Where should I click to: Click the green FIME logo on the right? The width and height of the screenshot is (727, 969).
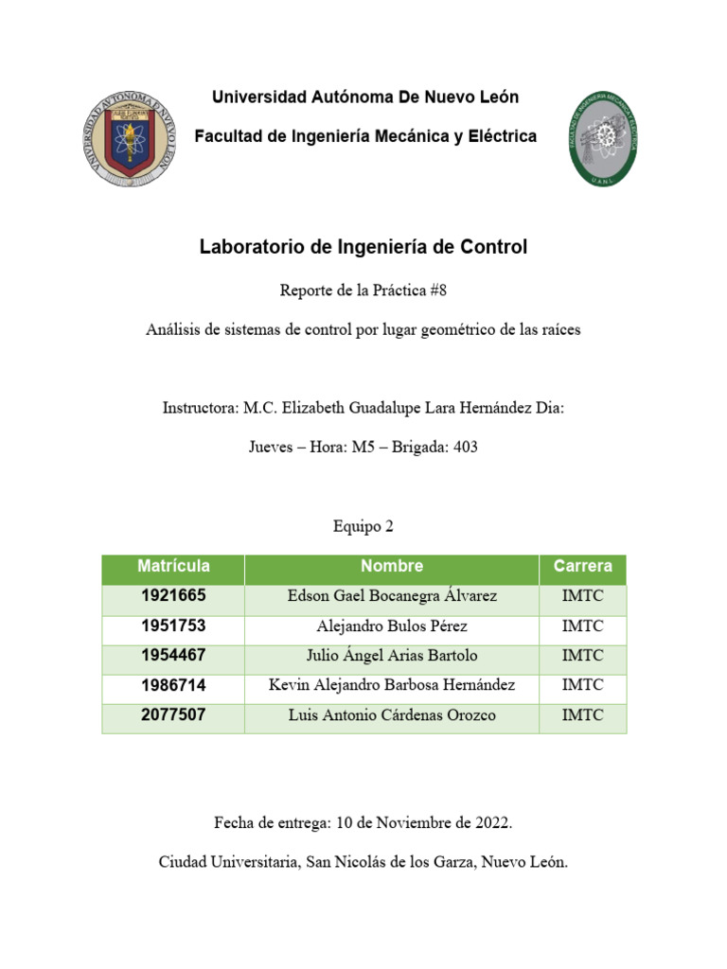click(x=602, y=139)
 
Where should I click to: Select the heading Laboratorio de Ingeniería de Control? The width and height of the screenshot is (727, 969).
click(x=363, y=247)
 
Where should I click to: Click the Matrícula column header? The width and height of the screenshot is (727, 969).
click(x=173, y=566)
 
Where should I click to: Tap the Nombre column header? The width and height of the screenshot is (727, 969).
click(x=392, y=566)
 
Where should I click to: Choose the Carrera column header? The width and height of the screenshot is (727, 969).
click(x=582, y=566)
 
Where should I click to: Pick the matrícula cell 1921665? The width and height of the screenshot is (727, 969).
click(x=173, y=596)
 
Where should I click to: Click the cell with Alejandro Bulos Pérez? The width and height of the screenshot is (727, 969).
click(x=392, y=626)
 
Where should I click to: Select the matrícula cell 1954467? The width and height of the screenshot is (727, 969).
click(x=173, y=656)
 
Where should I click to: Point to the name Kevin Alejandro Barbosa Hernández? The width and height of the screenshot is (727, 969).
click(x=392, y=685)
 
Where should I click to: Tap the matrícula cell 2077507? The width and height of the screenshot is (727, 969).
click(x=173, y=714)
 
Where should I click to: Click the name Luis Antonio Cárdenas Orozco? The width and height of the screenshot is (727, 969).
click(x=392, y=715)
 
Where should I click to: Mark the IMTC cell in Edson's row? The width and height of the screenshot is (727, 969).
click(x=582, y=596)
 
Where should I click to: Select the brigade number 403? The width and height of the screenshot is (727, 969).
click(x=465, y=448)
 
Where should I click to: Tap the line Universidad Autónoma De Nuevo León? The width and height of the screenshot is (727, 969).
click(x=364, y=97)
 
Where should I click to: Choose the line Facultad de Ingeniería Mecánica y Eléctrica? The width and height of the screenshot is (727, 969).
click(x=364, y=136)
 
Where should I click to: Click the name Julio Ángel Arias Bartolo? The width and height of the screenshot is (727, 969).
click(x=392, y=656)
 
